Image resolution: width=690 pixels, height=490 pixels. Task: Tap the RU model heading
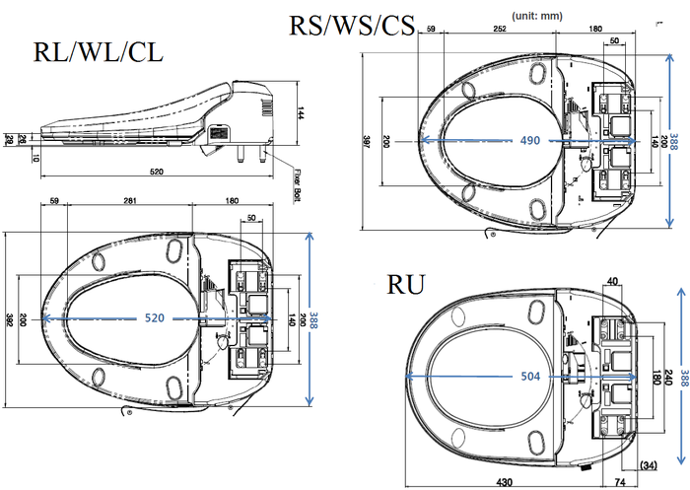(x=406, y=285)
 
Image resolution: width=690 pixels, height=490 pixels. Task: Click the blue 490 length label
(x=529, y=141)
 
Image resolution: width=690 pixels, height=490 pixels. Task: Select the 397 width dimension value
(x=367, y=144)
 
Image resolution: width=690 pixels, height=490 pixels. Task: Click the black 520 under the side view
(x=156, y=173)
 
